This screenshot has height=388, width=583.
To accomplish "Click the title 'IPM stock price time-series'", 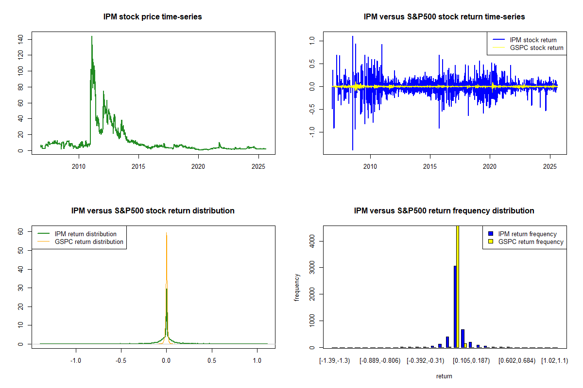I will (x=153, y=17).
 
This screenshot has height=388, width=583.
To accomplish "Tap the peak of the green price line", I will (x=91, y=36).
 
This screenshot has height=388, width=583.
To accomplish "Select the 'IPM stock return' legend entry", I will (x=533, y=40).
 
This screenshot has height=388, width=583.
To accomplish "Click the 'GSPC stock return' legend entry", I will (x=536, y=48).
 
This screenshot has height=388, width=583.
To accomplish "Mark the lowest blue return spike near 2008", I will (x=353, y=149).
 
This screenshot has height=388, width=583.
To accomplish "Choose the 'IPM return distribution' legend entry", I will (x=86, y=234).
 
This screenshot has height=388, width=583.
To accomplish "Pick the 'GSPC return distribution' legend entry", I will (x=89, y=242).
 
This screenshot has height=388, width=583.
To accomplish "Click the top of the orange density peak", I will (x=167, y=233).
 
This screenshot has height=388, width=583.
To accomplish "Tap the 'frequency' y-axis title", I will (x=297, y=287).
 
